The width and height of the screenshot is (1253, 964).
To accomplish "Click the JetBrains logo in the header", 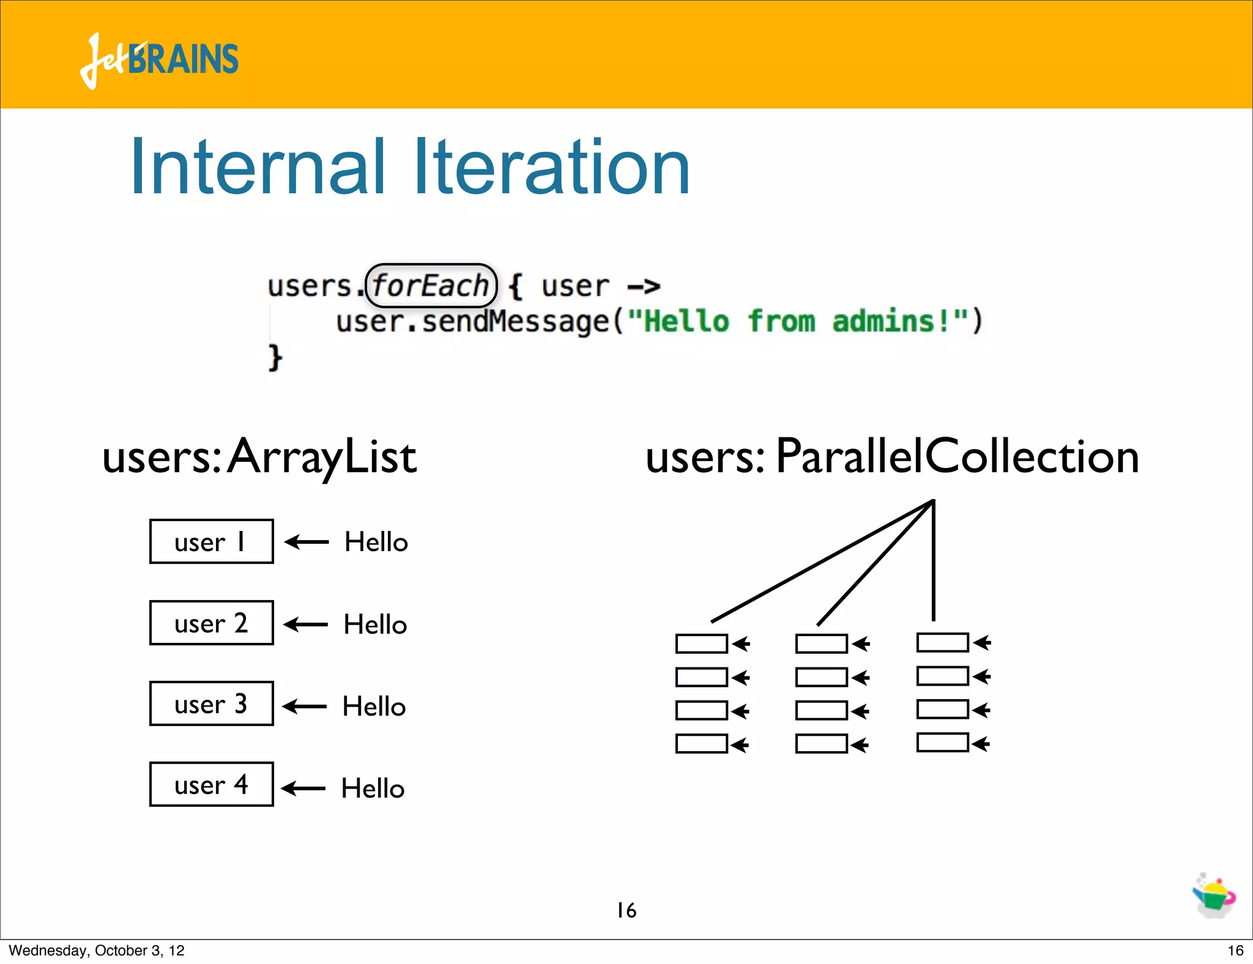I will click(159, 60).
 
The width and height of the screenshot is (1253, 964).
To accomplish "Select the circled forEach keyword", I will click(431, 286).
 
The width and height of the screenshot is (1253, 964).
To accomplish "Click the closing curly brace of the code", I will click(275, 357).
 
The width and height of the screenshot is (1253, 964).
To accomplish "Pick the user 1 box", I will click(211, 542).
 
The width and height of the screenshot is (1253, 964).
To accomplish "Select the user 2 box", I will click(211, 623).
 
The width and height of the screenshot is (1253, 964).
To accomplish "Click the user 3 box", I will click(211, 703).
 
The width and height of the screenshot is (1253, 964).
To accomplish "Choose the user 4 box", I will click(211, 784).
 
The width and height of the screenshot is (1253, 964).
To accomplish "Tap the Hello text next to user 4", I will click(373, 788).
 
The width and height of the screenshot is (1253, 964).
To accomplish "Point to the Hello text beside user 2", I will click(375, 625).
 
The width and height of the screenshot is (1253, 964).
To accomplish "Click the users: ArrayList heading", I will click(259, 458).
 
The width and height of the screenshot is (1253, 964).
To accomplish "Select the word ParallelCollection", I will click(957, 456).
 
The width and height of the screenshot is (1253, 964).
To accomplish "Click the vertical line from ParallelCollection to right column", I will click(933, 560).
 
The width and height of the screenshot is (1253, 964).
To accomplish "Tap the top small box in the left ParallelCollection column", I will click(701, 643).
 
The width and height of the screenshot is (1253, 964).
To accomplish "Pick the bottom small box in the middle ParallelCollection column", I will click(821, 744).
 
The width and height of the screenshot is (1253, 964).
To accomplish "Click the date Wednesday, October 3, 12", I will click(97, 951).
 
